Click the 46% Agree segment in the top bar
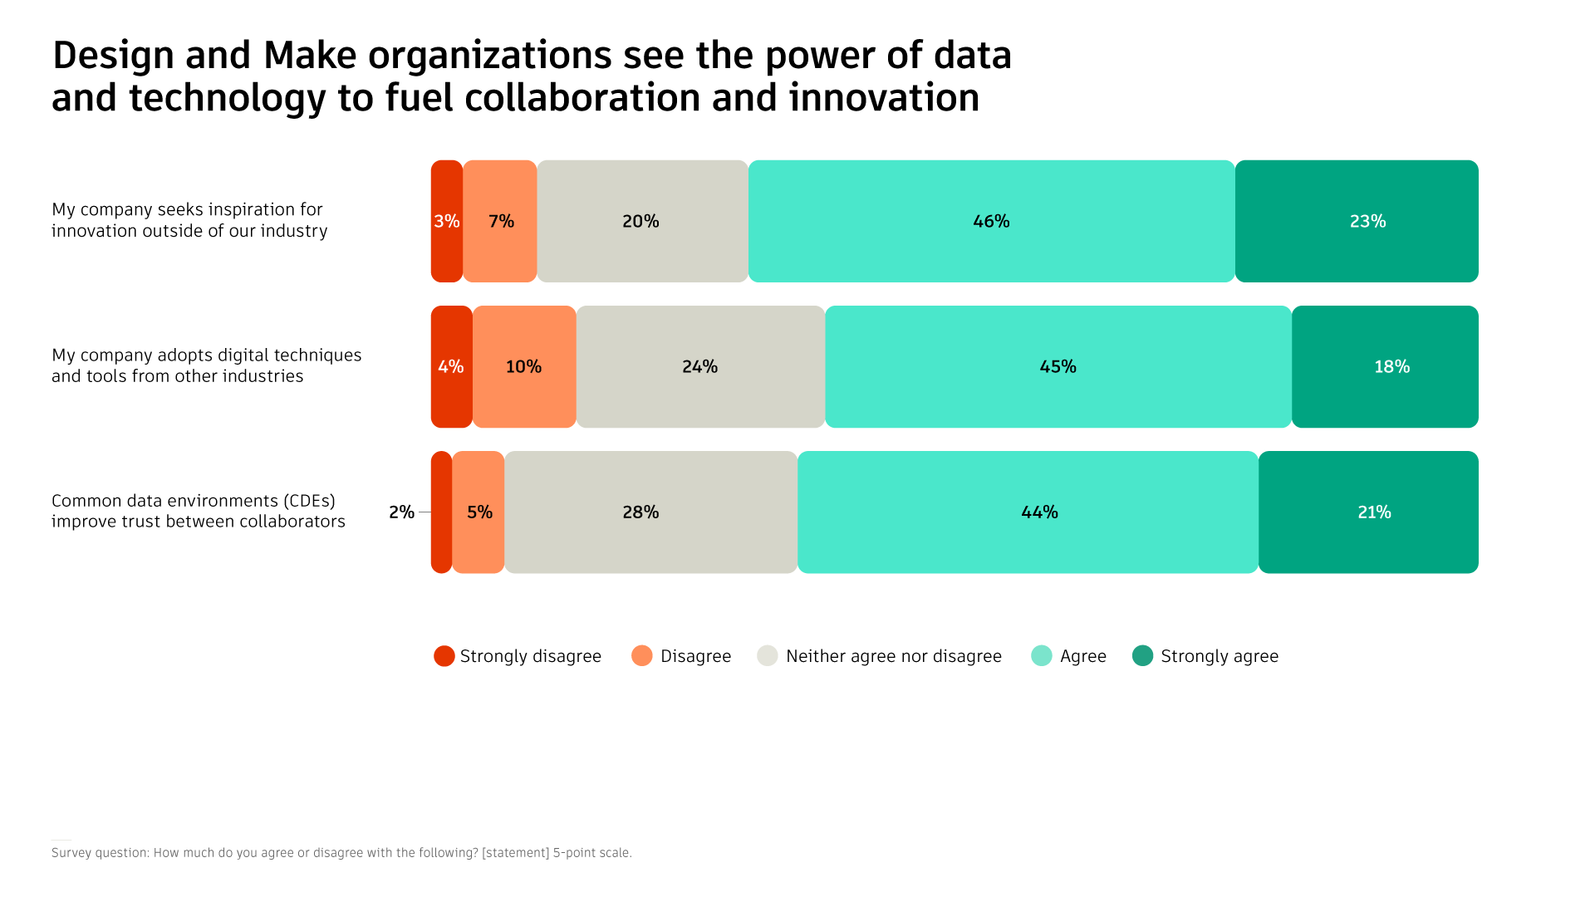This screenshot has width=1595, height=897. point(991,221)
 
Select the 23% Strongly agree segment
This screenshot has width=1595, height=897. point(1357,221)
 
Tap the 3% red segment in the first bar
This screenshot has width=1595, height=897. point(446,221)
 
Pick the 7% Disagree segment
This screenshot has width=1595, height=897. point(500,221)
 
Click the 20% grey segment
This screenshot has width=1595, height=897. point(642,221)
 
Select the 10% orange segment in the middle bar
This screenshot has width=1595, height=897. point(524,366)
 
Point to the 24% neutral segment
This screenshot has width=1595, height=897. point(700,366)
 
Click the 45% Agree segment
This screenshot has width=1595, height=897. point(1058,366)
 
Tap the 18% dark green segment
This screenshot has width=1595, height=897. point(1385,366)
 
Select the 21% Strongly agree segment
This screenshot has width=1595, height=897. point(1368,512)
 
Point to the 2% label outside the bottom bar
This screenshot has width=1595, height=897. point(401,512)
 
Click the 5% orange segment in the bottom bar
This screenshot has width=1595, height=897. point(478,512)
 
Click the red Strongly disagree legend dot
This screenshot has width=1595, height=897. point(444,656)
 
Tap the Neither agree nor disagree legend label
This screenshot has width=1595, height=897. point(893,656)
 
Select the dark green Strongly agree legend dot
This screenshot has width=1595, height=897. point(1143,656)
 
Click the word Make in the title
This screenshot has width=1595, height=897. point(310,56)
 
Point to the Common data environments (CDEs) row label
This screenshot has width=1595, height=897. point(198,511)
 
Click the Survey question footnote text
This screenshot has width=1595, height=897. point(341,853)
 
